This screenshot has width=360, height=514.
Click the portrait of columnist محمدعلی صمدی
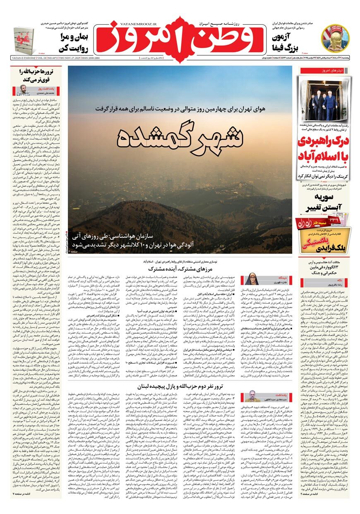pos(25,90)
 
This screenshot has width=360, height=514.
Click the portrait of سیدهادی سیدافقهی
pos(252,397)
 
